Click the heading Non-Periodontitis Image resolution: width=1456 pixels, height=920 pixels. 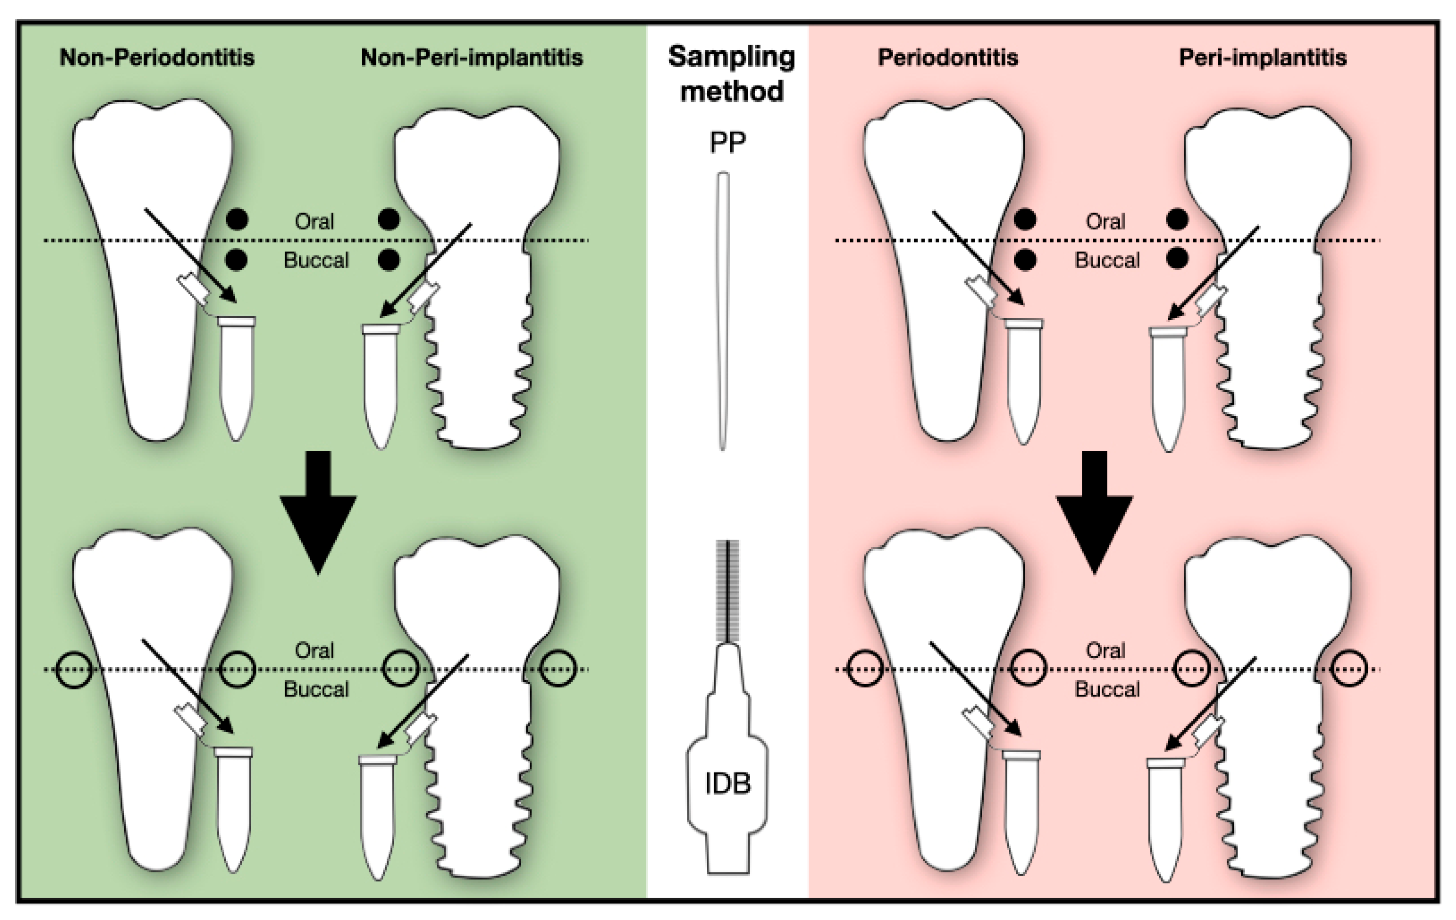coord(157,58)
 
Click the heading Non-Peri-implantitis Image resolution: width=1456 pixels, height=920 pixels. coord(471,58)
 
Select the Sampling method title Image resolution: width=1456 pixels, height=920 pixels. coord(731,74)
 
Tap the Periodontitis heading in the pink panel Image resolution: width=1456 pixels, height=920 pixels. coord(948,58)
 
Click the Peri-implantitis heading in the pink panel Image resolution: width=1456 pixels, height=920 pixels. coord(1262,58)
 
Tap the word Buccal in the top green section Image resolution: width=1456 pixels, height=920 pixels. coord(316,261)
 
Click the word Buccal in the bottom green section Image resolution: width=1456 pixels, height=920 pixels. coord(316,690)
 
